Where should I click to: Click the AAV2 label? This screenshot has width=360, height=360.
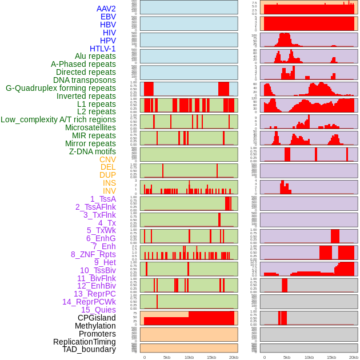[106, 9]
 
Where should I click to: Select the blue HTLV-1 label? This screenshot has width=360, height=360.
[102, 49]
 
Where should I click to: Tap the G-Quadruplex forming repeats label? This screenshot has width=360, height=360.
[61, 88]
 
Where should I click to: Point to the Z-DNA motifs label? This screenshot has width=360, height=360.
[92, 151]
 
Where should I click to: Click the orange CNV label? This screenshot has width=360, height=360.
[107, 159]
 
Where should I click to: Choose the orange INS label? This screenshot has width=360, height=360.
[109, 183]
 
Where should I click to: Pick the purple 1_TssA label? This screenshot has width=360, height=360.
[103, 199]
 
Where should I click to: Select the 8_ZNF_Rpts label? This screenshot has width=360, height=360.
[93, 254]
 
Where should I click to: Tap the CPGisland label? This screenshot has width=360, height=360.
[97, 318]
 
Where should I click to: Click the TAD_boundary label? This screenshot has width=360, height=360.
[89, 349]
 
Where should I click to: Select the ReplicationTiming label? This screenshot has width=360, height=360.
[84, 342]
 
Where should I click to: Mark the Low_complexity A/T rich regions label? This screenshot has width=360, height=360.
[58, 119]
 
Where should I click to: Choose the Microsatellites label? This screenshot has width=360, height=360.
[90, 127]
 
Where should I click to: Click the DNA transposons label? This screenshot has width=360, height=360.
[85, 80]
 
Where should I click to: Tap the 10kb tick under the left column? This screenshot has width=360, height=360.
[189, 357]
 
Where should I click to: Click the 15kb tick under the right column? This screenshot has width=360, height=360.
[331, 357]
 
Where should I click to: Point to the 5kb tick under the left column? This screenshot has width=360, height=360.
[167, 357]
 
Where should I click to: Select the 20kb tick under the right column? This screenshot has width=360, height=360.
[354, 357]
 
